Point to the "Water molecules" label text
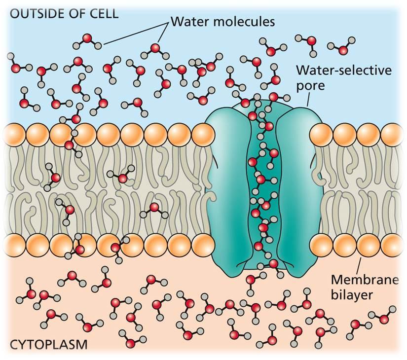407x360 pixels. [222, 22]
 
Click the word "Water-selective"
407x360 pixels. [344, 71]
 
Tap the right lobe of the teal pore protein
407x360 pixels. [295, 187]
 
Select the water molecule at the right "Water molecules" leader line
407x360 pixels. [155, 48]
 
